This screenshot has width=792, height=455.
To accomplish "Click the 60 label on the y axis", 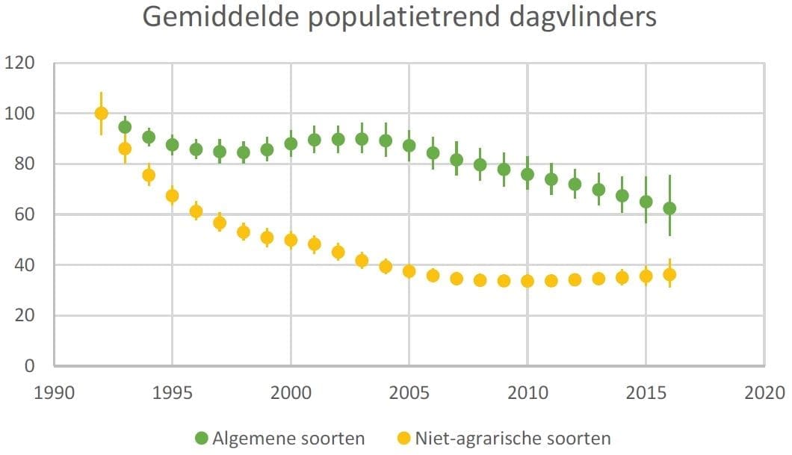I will [x=25, y=214].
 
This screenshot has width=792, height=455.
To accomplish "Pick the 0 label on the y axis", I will [x=31, y=366].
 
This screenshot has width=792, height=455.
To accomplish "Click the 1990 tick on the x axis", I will [x=54, y=392].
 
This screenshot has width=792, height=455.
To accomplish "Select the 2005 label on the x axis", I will [x=409, y=392].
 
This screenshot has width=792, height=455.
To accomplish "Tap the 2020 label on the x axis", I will [x=764, y=392].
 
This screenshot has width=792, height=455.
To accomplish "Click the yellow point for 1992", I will [x=102, y=114].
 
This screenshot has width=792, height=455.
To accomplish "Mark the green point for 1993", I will [x=125, y=127].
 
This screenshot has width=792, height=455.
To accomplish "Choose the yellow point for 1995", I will [x=172, y=196].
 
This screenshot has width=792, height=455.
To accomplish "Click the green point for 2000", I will [x=291, y=143].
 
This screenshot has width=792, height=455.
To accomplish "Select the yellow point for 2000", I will [x=291, y=240].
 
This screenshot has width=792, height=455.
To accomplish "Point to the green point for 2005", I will [x=409, y=146].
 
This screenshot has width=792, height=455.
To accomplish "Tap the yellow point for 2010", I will [x=528, y=281].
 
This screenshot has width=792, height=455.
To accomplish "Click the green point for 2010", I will [x=528, y=174].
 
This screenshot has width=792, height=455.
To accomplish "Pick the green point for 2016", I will [x=669, y=208].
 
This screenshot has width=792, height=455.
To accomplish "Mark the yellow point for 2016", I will [x=669, y=274].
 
